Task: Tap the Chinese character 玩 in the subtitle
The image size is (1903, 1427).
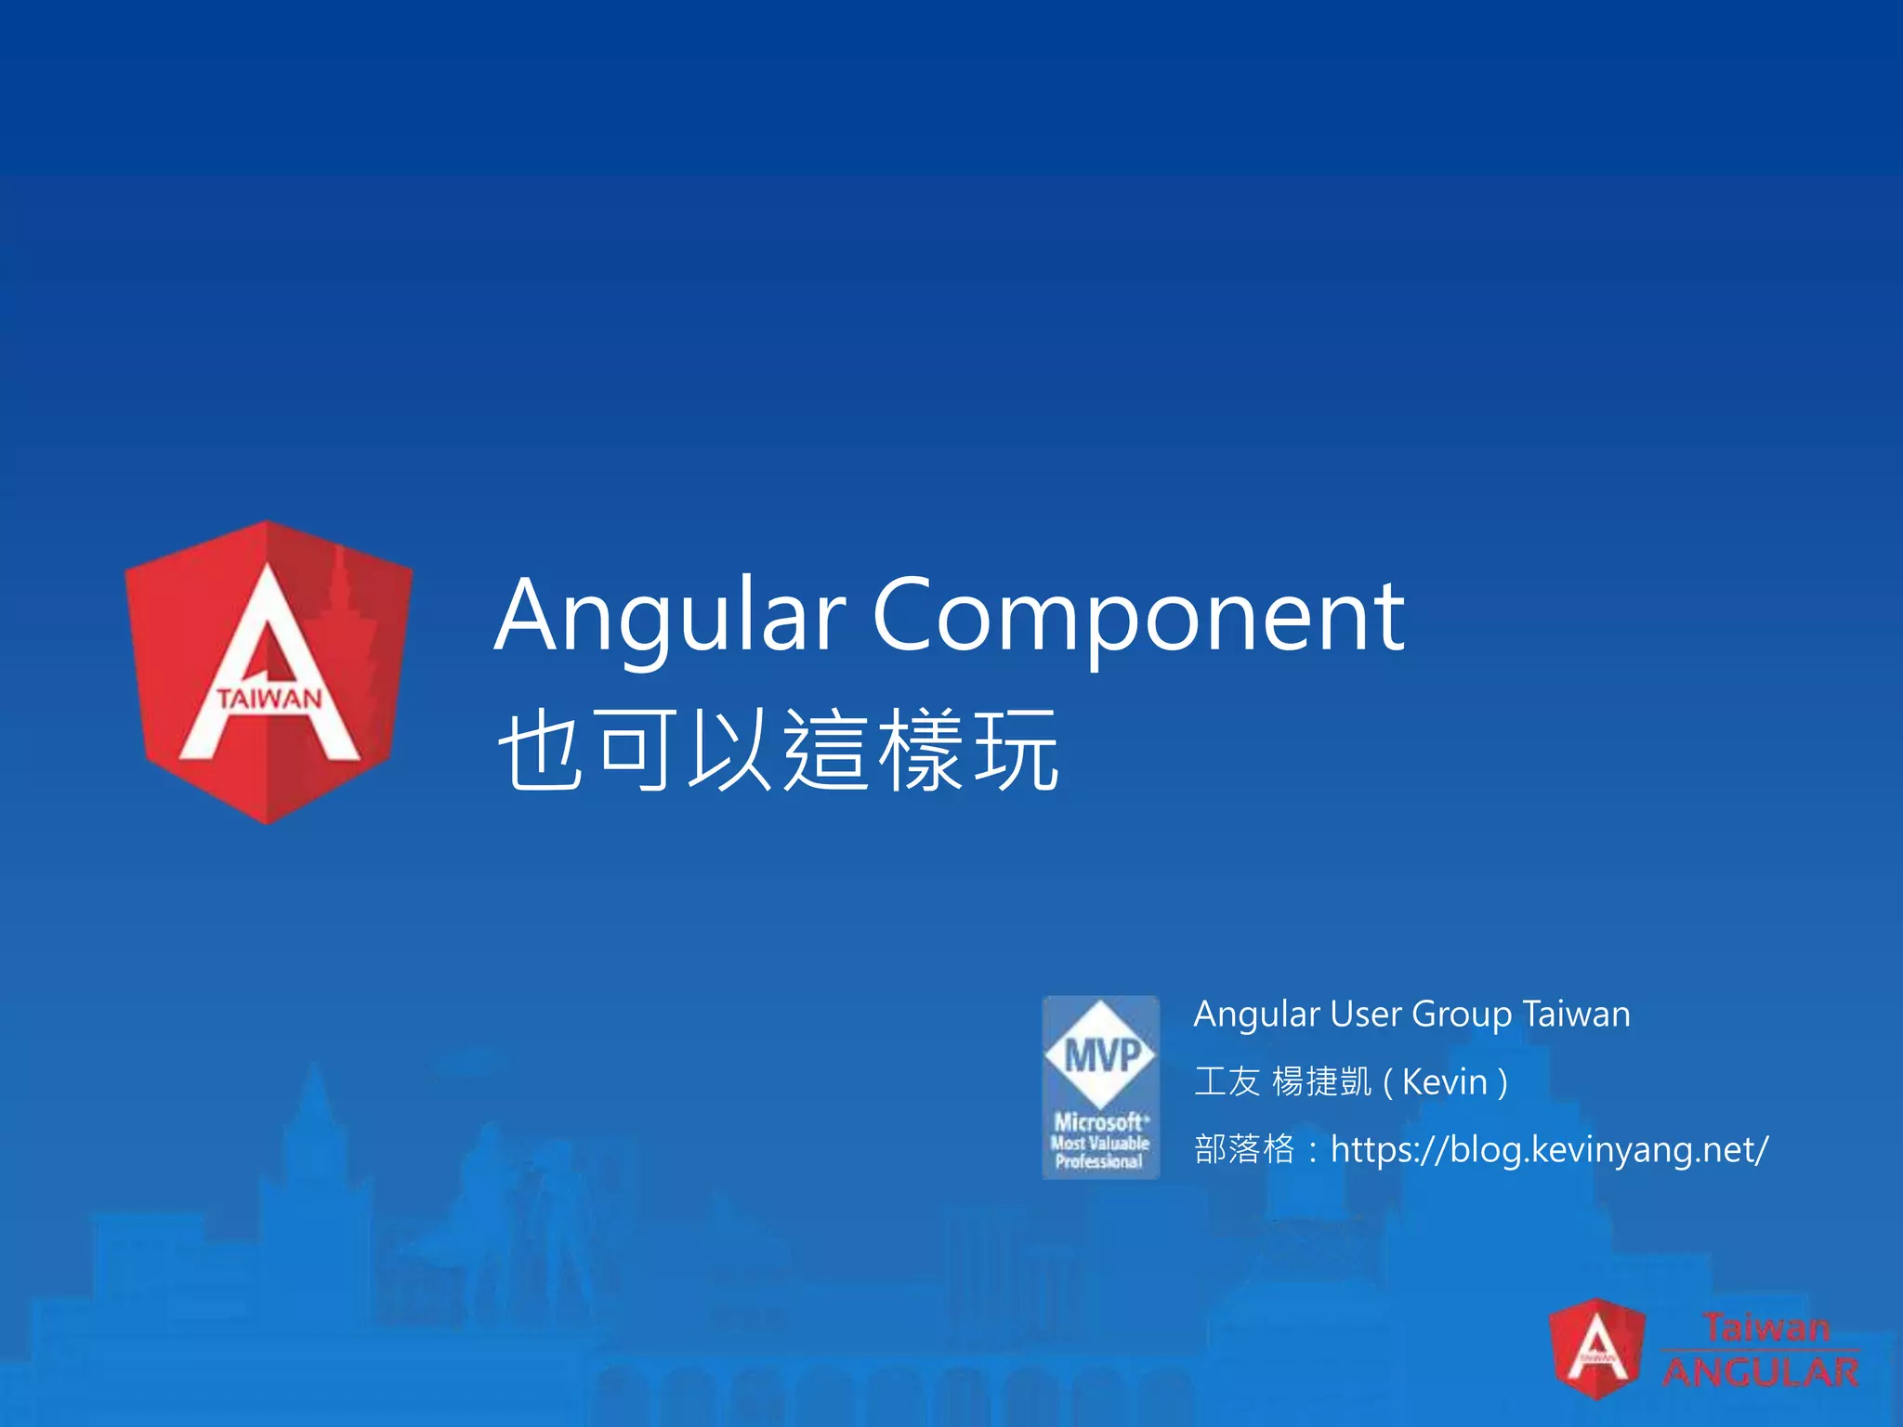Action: [x=1015, y=749]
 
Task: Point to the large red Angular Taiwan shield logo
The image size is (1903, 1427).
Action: [x=269, y=672]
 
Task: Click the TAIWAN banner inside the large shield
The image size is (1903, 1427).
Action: [x=269, y=698]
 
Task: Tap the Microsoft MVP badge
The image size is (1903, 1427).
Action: [x=1100, y=1087]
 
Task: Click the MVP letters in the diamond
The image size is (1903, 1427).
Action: [x=1101, y=1055]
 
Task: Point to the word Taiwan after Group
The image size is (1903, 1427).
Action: [x=1577, y=1015]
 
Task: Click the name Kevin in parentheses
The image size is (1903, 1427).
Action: [x=1445, y=1082]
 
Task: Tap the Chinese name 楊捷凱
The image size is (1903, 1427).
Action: [x=1321, y=1082]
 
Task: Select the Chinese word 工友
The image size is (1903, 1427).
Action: [x=1227, y=1082]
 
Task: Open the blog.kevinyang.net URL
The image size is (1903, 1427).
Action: [x=1549, y=1150]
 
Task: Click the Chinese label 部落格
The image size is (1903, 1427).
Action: [x=1243, y=1150]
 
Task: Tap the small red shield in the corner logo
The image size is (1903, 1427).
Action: [x=1596, y=1349]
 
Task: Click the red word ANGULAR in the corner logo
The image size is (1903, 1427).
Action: [x=1760, y=1372]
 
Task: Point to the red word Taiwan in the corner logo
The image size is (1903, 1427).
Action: [x=1765, y=1327]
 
